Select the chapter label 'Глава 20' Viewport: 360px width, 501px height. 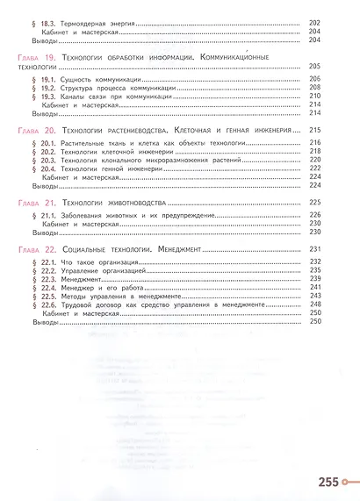(36, 130)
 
